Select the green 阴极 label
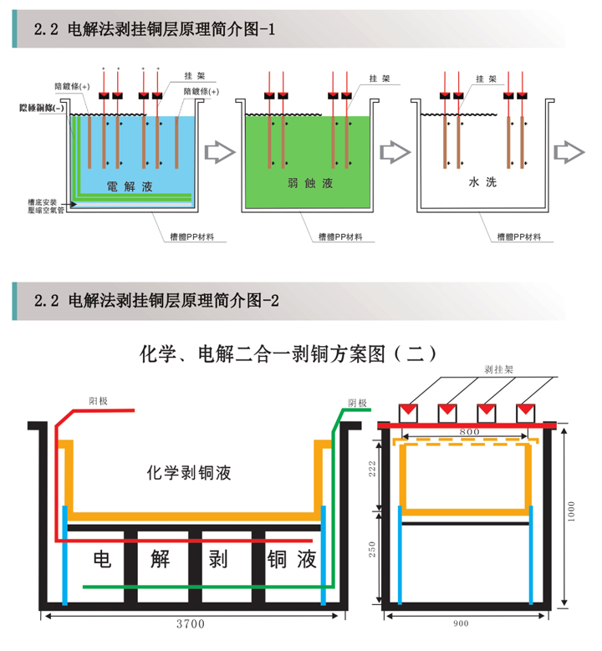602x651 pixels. point(358,402)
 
